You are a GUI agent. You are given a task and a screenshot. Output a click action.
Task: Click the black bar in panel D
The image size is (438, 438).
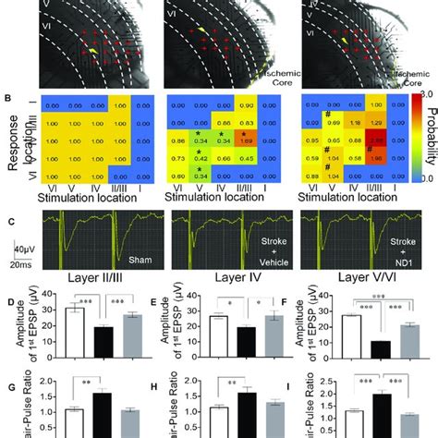tap(105, 342)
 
